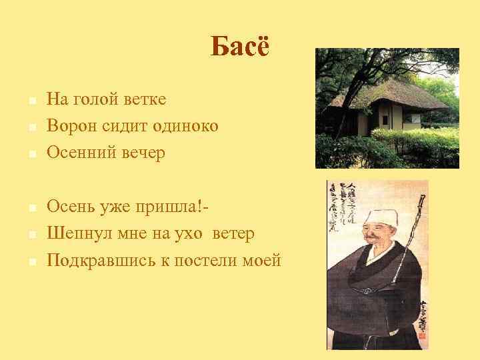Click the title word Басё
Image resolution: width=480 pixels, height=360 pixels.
coord(240,47)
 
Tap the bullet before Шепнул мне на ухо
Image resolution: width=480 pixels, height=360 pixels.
coord(32,235)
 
